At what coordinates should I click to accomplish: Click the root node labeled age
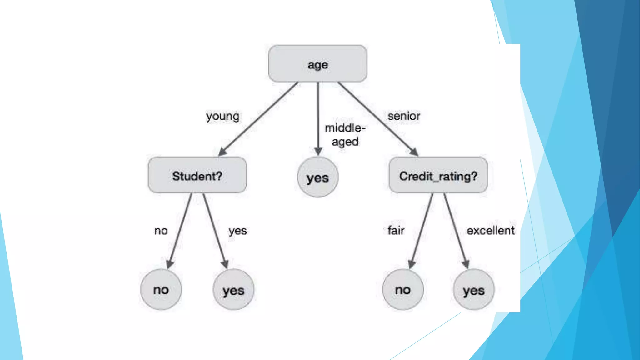click(x=317, y=64)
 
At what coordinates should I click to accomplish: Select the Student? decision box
click(x=197, y=175)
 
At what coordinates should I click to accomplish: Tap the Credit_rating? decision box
click(x=438, y=175)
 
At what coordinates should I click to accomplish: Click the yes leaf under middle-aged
click(x=317, y=177)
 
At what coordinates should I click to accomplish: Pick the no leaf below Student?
click(x=161, y=289)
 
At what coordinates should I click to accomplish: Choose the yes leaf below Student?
click(x=233, y=290)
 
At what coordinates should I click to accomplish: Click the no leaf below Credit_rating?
click(x=403, y=289)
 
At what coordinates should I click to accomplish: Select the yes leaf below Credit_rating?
click(x=474, y=290)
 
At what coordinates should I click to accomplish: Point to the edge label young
click(x=222, y=116)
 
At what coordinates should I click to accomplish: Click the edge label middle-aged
click(x=345, y=134)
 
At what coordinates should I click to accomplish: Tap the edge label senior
click(x=404, y=116)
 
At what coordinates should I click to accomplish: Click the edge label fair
click(x=396, y=231)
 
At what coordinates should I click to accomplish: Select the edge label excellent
click(x=491, y=231)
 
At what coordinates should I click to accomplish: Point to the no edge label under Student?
click(x=161, y=231)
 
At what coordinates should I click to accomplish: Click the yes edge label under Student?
click(x=238, y=231)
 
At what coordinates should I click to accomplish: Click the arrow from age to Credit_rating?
click(x=377, y=119)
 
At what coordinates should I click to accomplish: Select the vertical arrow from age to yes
click(x=318, y=119)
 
